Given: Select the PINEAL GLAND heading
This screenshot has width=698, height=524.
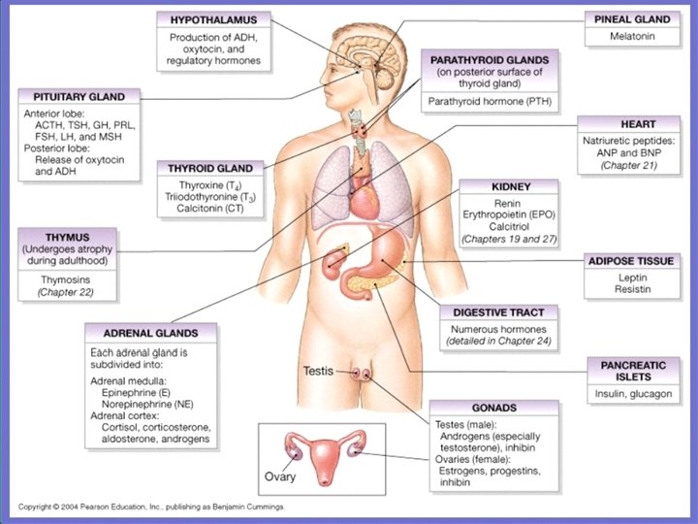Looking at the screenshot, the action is click(x=631, y=18).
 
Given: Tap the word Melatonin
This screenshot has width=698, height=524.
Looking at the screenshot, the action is click(x=631, y=36).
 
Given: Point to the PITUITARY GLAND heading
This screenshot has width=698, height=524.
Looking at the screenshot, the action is click(x=79, y=97).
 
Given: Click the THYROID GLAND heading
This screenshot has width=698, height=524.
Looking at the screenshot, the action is click(x=210, y=168).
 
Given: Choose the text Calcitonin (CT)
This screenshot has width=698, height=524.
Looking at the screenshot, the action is click(x=210, y=208).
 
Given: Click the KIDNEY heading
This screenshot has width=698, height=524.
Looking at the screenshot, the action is click(x=509, y=185).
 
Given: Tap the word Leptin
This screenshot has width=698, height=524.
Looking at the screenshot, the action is click(x=632, y=277).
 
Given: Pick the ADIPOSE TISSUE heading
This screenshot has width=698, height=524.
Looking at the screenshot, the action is click(x=632, y=261).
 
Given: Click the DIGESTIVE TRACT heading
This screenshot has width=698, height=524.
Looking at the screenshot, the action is click(x=498, y=312).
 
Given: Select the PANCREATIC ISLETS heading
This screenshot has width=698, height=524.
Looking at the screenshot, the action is click(x=632, y=370).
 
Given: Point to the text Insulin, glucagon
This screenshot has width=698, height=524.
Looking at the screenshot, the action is click(x=632, y=394).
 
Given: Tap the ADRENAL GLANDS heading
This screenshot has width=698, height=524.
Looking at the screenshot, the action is click(x=149, y=331).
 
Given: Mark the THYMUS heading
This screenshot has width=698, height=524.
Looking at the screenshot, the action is click(x=66, y=236).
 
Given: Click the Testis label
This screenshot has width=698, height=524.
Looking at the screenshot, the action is click(x=319, y=371).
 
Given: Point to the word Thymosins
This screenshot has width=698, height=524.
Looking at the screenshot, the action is click(x=66, y=279).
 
